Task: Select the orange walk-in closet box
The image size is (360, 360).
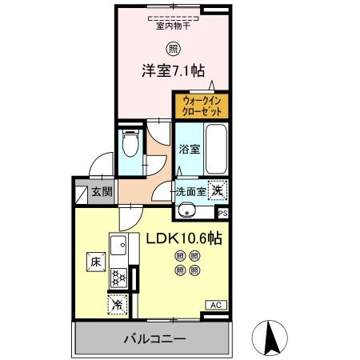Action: pos(201,106)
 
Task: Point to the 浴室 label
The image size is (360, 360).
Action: pos(189,149)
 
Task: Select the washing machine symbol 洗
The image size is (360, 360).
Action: pos(217,190)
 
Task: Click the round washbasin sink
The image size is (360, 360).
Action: pos(187,211)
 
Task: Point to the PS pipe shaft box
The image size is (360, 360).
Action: pos(222,213)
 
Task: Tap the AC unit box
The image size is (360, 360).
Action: pos(217,305)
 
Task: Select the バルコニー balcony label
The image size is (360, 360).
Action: pos(154,339)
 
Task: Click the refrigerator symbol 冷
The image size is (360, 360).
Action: pos(117,304)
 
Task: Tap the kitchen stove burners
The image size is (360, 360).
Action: pos(118,278)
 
